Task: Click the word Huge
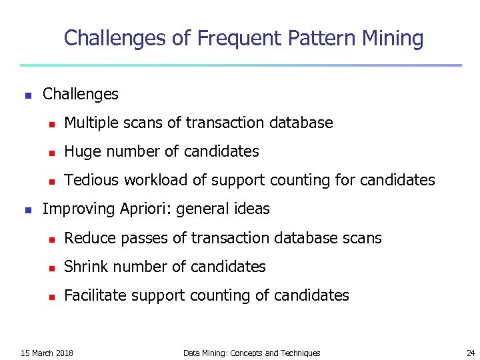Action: (x=81, y=151)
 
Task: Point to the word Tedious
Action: (x=89, y=180)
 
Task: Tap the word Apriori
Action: (x=144, y=209)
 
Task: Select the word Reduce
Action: (x=87, y=238)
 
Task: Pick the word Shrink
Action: (x=85, y=267)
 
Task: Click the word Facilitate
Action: (x=94, y=295)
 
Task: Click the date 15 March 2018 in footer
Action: (x=47, y=353)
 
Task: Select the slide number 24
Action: (x=470, y=353)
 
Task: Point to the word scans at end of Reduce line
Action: (x=363, y=238)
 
